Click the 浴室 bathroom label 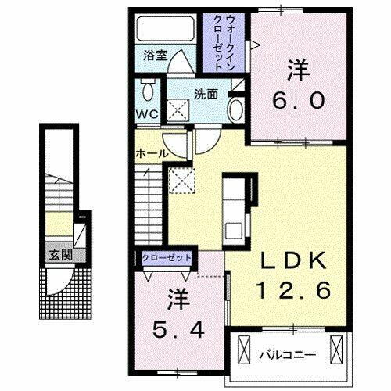coord(156,56)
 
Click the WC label coord(149,114)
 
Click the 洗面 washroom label coord(206,94)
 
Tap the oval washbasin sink coord(236,109)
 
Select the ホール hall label coord(152,153)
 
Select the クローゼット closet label coord(167,256)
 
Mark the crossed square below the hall coord(182,181)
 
